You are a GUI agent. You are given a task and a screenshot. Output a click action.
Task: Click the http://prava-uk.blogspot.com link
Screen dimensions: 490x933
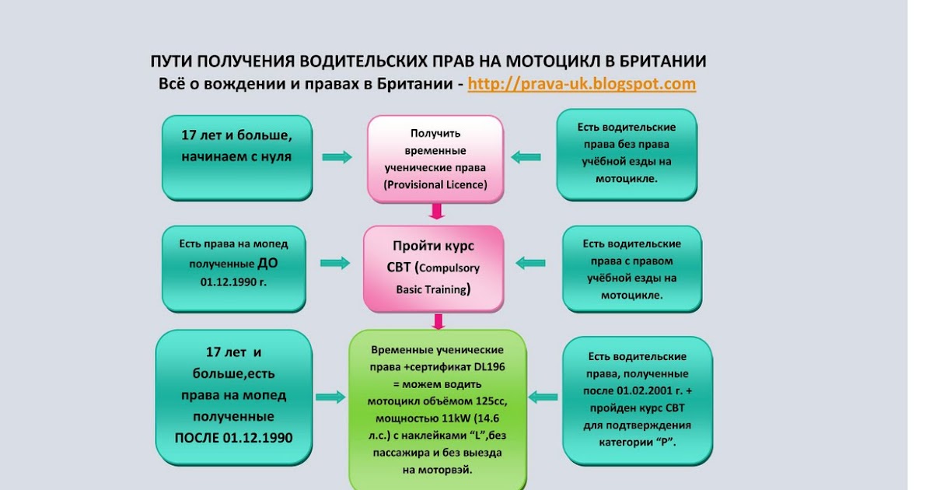coord(581,84)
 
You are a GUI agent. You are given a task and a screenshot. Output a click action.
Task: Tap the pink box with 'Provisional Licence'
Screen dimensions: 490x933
coord(435,159)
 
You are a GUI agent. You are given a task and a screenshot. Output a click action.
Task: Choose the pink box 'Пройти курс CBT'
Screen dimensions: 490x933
coord(435,268)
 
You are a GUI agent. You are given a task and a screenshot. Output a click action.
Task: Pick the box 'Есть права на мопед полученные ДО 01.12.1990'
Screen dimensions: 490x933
coord(232,262)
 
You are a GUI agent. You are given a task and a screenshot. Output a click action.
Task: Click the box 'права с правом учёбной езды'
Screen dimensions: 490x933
coord(631,269)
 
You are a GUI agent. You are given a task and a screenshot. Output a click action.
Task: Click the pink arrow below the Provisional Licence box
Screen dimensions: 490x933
coord(437,211)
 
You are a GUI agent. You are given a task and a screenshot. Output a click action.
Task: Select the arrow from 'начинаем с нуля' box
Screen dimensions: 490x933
coord(337,158)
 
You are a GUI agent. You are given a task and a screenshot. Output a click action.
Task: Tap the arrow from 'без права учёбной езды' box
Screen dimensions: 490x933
coord(526,157)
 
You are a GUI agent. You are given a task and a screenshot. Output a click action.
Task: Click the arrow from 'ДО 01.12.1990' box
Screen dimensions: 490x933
coord(335,263)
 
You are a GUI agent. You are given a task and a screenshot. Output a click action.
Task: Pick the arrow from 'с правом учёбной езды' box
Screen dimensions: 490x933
coord(531,263)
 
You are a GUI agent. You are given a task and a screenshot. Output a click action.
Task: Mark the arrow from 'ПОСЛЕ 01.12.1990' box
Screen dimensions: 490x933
coord(330,397)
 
